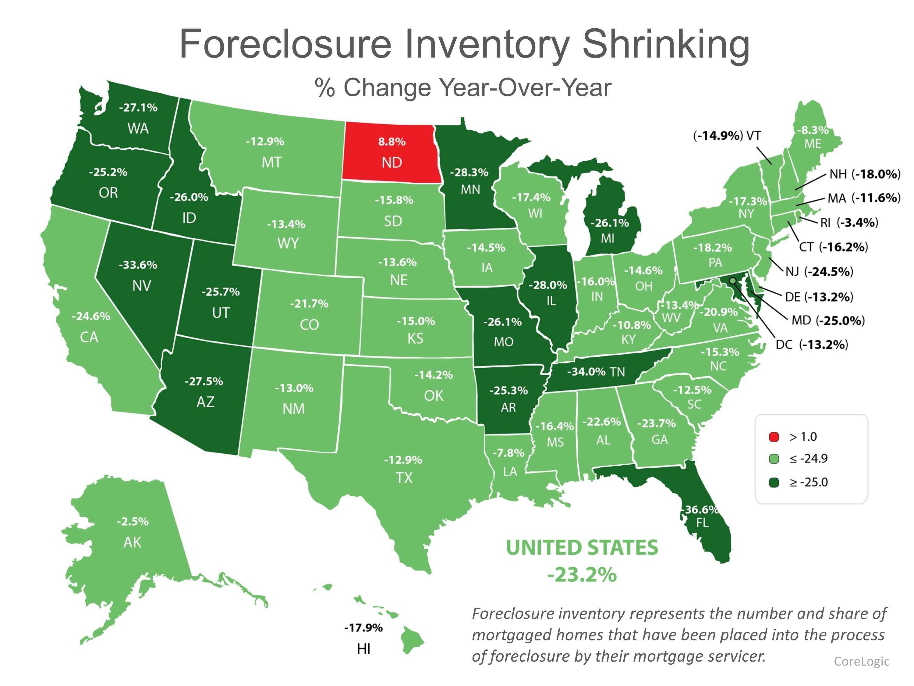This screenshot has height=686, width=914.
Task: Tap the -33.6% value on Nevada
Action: point(138,265)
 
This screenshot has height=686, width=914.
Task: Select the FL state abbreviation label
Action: point(702,523)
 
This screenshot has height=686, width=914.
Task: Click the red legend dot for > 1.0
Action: point(774,437)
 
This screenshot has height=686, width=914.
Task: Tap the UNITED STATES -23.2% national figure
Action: point(582,561)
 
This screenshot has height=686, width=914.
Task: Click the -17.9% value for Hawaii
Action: point(363,628)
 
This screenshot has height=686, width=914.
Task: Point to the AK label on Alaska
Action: point(132,542)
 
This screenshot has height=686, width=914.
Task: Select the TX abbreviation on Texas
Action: point(404,478)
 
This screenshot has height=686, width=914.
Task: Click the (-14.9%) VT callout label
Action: point(726,136)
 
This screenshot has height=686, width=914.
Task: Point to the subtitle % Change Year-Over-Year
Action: point(463,88)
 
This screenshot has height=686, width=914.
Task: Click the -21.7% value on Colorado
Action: point(309,304)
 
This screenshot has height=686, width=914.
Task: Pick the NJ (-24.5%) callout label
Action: point(819,272)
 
